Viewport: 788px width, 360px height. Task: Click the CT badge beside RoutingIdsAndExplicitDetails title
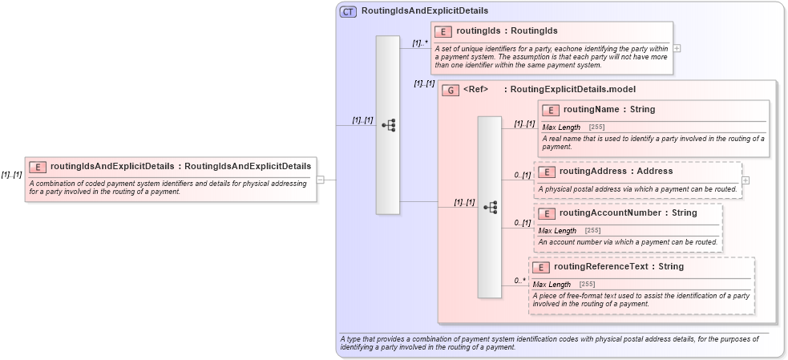[x=349, y=12]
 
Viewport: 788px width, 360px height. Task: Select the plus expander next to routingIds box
[x=677, y=48]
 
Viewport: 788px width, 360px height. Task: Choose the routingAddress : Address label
[x=604, y=172]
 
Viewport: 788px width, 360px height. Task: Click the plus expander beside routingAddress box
[x=746, y=180]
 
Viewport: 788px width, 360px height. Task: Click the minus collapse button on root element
[x=320, y=180]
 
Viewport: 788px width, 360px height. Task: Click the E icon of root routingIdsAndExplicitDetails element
[x=38, y=167]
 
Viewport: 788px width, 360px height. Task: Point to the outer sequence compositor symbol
[x=388, y=125]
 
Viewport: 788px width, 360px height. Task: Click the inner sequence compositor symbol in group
[x=490, y=207]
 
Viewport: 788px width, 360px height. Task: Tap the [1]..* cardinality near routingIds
[x=420, y=42]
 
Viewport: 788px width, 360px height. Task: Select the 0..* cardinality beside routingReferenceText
[x=520, y=281]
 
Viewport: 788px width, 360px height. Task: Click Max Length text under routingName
[x=561, y=127]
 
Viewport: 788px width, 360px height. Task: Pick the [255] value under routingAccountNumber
[x=592, y=231]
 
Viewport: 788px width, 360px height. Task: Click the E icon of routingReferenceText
[x=541, y=267]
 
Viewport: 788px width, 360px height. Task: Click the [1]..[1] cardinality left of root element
[x=11, y=175]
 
